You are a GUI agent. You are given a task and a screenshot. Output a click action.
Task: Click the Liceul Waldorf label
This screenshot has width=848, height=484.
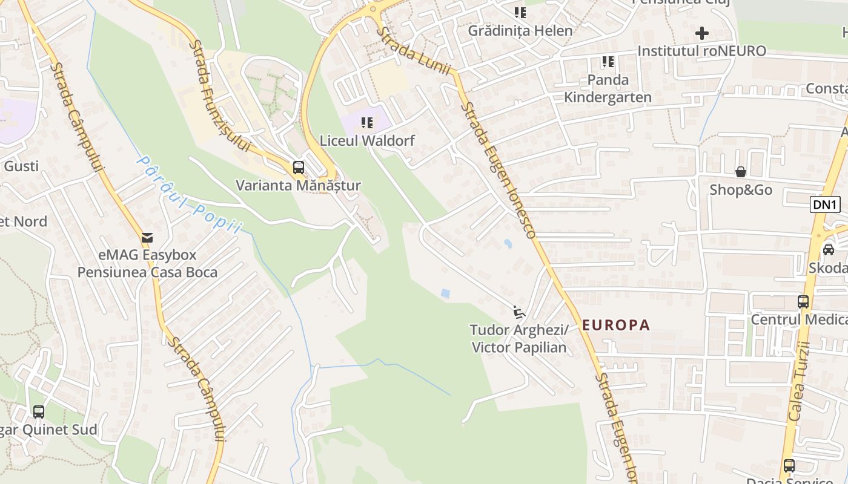tap(367, 141)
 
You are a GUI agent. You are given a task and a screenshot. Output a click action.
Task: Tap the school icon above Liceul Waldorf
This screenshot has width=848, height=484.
tap(367, 123)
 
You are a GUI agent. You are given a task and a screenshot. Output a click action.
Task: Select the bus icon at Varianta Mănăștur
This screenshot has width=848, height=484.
tap(298, 168)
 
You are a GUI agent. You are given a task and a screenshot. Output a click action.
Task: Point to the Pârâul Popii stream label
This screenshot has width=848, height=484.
tap(189, 194)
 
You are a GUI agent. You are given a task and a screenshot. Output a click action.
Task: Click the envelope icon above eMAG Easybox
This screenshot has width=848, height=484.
tap(147, 238)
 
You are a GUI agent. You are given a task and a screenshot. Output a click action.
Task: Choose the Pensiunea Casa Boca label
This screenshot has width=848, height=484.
tap(147, 272)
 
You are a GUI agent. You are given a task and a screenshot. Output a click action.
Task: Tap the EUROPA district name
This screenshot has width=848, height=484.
tap(616, 325)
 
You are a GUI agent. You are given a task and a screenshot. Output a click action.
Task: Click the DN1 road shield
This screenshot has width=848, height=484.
tap(825, 204)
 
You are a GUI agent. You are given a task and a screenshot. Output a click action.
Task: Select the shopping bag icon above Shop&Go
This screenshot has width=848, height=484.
tap(740, 172)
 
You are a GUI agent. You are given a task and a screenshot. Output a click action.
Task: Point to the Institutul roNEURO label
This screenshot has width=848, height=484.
tap(701, 51)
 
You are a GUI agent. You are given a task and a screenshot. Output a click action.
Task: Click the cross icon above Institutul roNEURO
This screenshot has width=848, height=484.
tap(701, 33)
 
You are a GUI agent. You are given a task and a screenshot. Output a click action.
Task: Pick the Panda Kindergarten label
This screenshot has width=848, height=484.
tap(608, 88)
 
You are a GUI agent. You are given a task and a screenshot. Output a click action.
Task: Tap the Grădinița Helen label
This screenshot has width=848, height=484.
tap(520, 30)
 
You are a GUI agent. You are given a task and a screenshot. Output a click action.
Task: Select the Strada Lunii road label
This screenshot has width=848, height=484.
tap(414, 51)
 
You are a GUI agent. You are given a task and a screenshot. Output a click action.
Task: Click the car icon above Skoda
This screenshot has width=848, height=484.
tap(828, 249)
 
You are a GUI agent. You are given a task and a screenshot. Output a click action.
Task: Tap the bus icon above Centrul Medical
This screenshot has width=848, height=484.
tap(803, 301)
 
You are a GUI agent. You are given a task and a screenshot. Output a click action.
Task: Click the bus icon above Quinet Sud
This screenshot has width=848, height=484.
tap(39, 412)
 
